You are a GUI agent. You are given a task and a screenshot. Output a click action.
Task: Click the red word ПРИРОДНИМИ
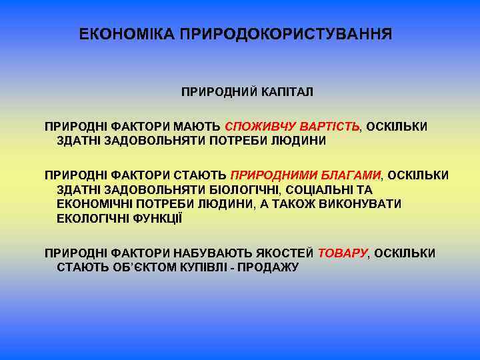271,175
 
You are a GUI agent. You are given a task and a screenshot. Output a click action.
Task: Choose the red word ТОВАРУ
343,253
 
